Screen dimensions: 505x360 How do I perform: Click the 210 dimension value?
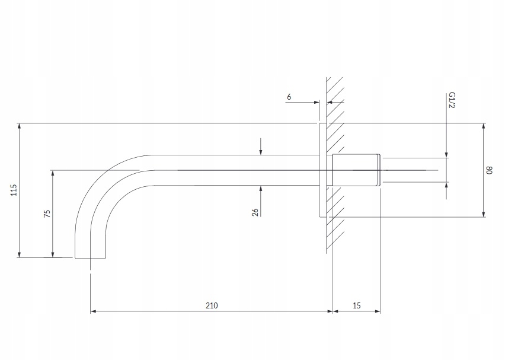pyautogui.click(x=212, y=305)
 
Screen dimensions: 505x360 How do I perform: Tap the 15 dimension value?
pyautogui.click(x=357, y=305)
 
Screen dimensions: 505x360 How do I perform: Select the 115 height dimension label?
pyautogui.click(x=13, y=190)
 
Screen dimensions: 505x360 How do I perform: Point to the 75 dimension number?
pyautogui.click(x=47, y=214)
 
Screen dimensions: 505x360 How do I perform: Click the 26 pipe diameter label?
pyautogui.click(x=255, y=212)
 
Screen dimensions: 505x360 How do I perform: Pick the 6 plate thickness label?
pyautogui.click(x=289, y=97)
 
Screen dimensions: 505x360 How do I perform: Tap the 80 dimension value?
pyautogui.click(x=489, y=170)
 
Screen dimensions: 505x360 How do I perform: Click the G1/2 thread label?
pyautogui.click(x=452, y=100)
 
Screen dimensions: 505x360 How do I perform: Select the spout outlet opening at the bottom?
pyautogui.click(x=90, y=258)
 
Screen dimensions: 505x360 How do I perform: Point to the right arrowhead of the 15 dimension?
pyautogui.click(x=378, y=311)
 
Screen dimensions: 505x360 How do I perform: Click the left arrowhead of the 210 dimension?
pyautogui.click(x=94, y=311)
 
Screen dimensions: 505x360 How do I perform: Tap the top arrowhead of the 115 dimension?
pyautogui.click(x=20, y=126)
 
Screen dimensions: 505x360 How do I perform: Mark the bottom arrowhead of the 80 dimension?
pyautogui.click(x=484, y=214)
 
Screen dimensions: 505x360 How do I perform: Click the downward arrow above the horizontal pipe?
pyautogui.click(x=261, y=146)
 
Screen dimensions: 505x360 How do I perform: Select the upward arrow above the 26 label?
pyautogui.click(x=261, y=193)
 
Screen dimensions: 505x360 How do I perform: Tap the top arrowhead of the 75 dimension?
pyautogui.click(x=53, y=173)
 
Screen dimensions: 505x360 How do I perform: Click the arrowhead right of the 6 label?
pyautogui.click(x=317, y=102)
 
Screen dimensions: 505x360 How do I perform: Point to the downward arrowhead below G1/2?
pyautogui.click(x=446, y=155)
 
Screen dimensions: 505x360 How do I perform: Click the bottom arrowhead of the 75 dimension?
pyautogui.click(x=53, y=254)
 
